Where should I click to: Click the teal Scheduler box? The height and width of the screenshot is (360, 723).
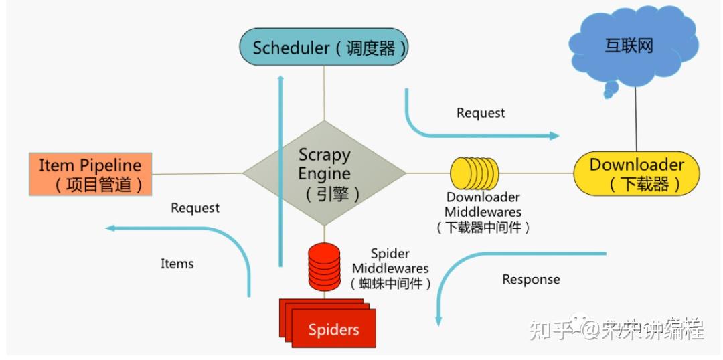324,48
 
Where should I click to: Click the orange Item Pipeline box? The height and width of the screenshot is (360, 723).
90,174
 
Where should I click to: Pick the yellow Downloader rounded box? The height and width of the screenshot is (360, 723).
636,174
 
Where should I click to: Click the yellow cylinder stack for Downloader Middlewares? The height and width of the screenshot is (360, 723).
474,173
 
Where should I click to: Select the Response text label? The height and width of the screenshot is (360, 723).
531,279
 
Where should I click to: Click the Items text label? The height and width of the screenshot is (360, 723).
177,264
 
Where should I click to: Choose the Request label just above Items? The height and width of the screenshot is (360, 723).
195,208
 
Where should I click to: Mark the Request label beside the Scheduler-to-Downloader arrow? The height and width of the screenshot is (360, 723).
481,113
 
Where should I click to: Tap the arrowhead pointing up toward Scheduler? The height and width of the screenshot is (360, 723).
280,80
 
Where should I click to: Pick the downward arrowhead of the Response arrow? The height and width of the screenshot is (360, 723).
438,321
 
